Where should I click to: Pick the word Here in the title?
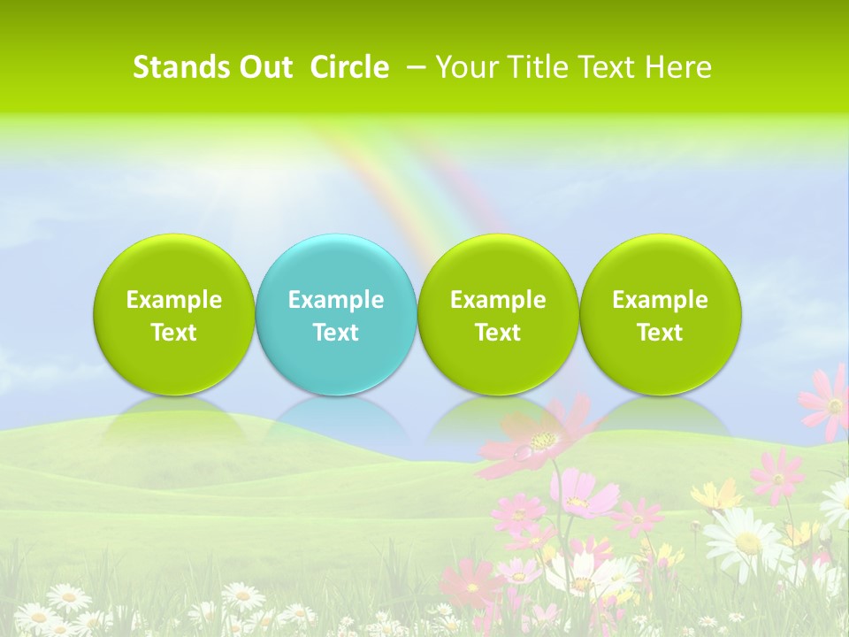click(x=678, y=67)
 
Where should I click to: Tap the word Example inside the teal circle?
click(x=336, y=300)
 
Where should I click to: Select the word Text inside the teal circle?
click(x=336, y=333)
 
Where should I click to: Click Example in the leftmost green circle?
click(x=174, y=300)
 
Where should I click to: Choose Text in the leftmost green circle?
click(x=174, y=333)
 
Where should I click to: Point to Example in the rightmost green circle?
click(x=661, y=300)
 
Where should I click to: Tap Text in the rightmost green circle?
click(x=661, y=333)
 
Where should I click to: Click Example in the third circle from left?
click(x=498, y=300)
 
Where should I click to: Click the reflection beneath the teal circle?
click(x=336, y=416)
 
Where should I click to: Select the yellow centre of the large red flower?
click(x=544, y=440)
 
